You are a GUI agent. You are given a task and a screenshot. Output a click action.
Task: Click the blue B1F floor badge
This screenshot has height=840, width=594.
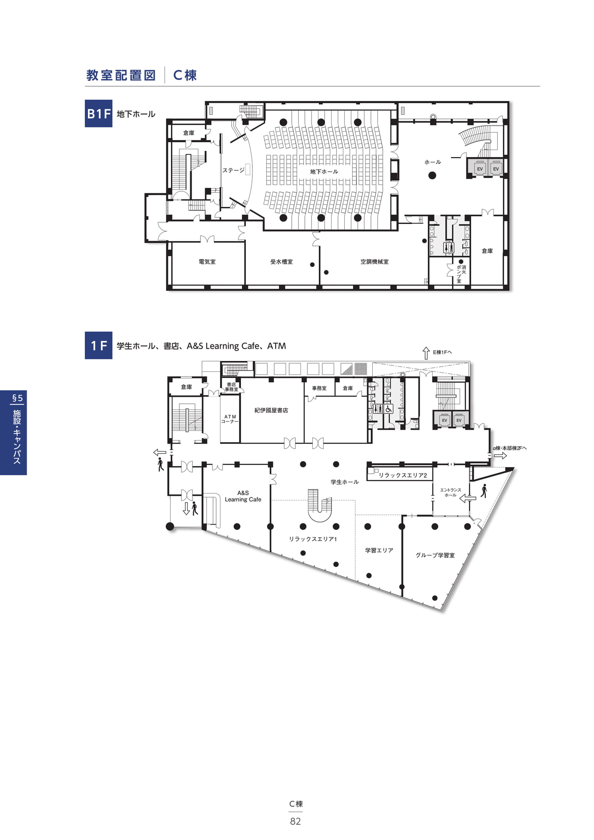click(x=98, y=114)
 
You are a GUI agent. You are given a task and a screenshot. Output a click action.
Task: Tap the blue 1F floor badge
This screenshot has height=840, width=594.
click(x=98, y=346)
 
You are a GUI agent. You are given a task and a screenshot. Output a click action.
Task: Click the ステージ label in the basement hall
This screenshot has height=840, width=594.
click(x=233, y=170)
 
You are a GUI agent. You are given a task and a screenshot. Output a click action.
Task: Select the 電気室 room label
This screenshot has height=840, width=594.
click(x=207, y=262)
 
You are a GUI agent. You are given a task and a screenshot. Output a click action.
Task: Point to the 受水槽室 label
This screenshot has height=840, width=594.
click(x=281, y=262)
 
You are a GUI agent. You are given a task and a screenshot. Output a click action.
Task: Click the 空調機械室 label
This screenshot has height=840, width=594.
click(x=374, y=262)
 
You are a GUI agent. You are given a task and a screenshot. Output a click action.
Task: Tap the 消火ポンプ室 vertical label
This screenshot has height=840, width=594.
click(x=461, y=274)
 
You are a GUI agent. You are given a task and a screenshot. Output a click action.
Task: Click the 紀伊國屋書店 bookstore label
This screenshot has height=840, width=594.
click(x=271, y=410)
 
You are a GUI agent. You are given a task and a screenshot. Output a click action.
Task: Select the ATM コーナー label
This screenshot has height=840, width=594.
click(x=230, y=419)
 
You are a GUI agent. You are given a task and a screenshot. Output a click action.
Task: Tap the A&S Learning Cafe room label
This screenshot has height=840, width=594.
click(x=243, y=496)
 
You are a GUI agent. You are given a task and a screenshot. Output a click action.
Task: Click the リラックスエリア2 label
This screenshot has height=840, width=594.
click(x=403, y=475)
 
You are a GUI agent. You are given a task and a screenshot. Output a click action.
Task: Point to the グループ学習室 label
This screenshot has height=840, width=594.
click(x=435, y=555)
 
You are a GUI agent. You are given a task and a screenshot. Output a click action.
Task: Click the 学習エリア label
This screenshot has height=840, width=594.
click(x=379, y=550)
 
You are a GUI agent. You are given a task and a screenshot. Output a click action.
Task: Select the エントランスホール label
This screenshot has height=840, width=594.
click(x=451, y=493)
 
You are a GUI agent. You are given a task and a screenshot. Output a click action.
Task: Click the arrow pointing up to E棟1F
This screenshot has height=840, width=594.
click(x=426, y=353)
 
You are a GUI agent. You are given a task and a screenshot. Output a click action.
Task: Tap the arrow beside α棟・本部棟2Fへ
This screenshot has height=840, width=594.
click(x=500, y=456)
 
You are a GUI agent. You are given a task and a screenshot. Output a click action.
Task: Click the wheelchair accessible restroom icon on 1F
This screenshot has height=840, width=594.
click(x=388, y=409)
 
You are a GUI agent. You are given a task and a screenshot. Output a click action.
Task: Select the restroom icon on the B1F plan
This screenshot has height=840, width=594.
click(x=448, y=248)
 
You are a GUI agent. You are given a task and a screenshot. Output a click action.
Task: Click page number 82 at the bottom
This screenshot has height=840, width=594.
click(x=296, y=822)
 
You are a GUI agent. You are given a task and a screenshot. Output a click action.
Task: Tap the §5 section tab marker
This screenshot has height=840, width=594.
click(x=17, y=398)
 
